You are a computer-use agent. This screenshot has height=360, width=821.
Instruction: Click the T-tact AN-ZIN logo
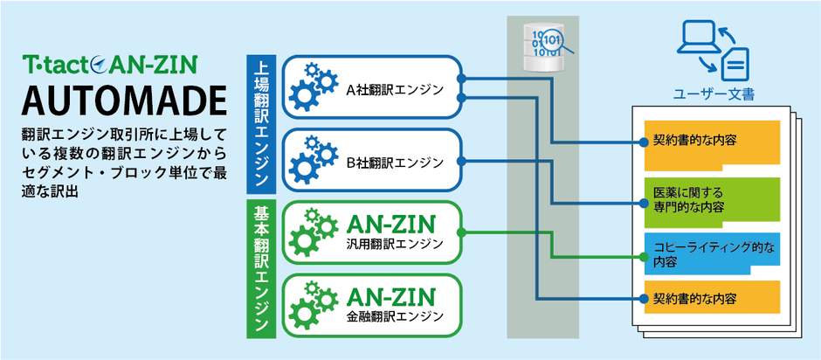coord(111,65)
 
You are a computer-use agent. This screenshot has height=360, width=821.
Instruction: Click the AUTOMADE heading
coord(119,101)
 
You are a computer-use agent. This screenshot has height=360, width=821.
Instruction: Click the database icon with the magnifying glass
coord(542,47)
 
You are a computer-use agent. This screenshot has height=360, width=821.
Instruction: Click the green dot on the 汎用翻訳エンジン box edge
coord(460,233)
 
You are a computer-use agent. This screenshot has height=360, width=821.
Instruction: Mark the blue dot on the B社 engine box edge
coord(460,161)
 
